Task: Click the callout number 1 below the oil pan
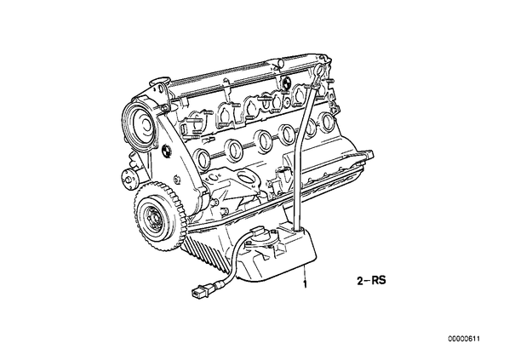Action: coord(305,284)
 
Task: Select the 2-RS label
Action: coord(371,280)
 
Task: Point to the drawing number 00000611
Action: coord(464,339)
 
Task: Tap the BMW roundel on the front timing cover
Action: coord(166,151)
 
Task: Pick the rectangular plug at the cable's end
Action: coord(198,292)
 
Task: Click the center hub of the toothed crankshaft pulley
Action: coord(152,215)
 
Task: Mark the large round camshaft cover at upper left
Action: coord(139,121)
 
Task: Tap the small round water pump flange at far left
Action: coord(129,177)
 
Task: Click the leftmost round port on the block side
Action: coord(203,159)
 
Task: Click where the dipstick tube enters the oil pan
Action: coord(297,230)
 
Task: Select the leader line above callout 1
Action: coord(304,271)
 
